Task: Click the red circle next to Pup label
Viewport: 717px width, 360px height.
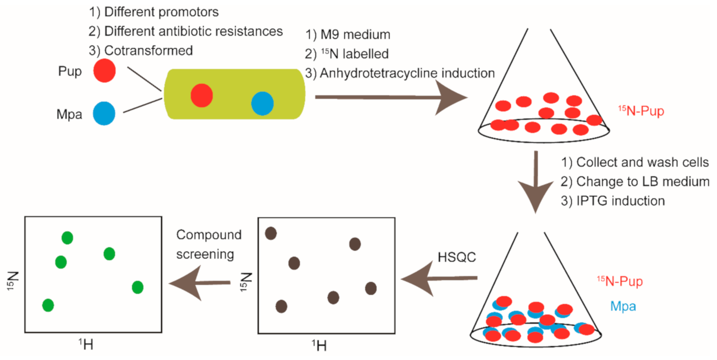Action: pyautogui.click(x=104, y=70)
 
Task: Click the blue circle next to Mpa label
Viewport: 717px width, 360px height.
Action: pyautogui.click(x=104, y=113)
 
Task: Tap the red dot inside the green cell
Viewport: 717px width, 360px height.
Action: pyautogui.click(x=201, y=95)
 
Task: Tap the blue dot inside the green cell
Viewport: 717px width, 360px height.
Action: pyautogui.click(x=262, y=103)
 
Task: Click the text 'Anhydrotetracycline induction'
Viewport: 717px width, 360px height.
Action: pyautogui.click(x=407, y=73)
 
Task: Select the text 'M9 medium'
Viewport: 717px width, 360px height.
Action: pyautogui.click(x=355, y=35)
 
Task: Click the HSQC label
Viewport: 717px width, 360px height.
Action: pyautogui.click(x=456, y=257)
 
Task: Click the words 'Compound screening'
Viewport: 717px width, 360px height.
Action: pyautogui.click(x=208, y=244)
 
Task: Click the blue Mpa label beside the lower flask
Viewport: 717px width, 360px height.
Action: pyautogui.click(x=623, y=306)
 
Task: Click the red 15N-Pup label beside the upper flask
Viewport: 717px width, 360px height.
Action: pyautogui.click(x=641, y=111)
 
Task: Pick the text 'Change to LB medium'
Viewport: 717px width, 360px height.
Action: pyautogui.click(x=642, y=182)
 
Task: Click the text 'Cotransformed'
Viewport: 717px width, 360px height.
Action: pyautogui.click(x=148, y=50)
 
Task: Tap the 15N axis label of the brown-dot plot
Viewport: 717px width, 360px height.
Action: pyautogui.click(x=246, y=282)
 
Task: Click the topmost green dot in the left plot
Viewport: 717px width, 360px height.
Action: pyautogui.click(x=67, y=238)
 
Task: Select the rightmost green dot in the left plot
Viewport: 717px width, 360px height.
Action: pyautogui.click(x=137, y=287)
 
